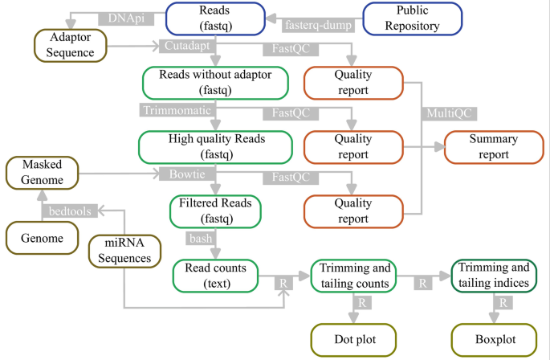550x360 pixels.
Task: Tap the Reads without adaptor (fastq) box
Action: (216, 83)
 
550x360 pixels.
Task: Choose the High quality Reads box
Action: (216, 146)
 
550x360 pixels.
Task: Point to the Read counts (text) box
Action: (215, 275)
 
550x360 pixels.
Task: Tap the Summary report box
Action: (493, 146)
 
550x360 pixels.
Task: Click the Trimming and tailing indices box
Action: (494, 275)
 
